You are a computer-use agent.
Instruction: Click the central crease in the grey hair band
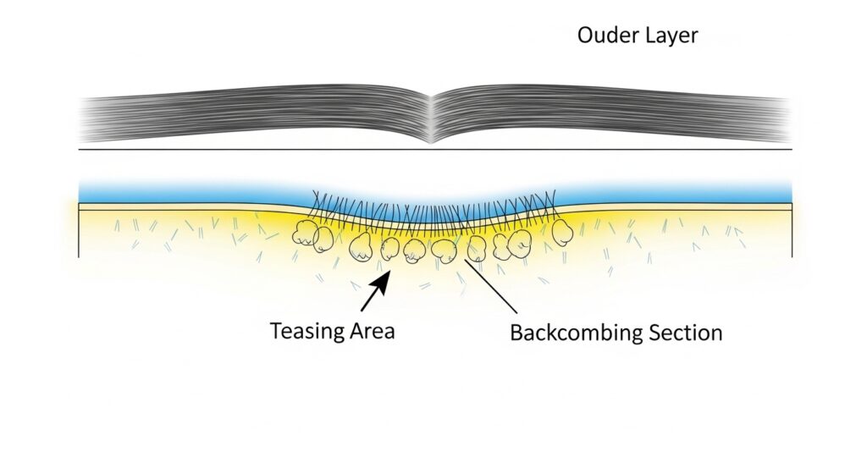point(433,119)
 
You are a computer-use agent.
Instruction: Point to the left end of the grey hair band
point(85,118)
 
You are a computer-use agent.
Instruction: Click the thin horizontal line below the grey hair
point(254,150)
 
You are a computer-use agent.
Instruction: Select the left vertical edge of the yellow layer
point(79,233)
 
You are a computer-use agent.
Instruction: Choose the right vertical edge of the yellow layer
point(792,232)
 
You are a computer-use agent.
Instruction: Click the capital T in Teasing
point(276,330)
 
